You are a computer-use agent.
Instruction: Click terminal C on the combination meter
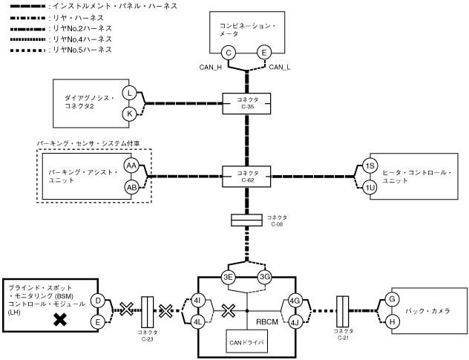(x=229, y=53)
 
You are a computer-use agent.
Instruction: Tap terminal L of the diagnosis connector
(x=130, y=93)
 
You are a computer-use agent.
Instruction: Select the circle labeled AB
(x=131, y=188)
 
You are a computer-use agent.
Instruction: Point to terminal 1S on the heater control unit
(x=370, y=166)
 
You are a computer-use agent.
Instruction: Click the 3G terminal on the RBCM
(x=265, y=277)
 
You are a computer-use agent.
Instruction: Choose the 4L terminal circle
(x=197, y=322)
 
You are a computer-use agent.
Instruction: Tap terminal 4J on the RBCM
(x=295, y=322)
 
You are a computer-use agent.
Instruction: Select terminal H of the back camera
(x=392, y=322)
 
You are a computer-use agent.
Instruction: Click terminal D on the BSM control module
(x=98, y=301)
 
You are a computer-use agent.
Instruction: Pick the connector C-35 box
(x=246, y=103)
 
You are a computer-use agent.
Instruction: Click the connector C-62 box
(x=246, y=177)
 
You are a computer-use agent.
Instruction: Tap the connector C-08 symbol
(x=246, y=220)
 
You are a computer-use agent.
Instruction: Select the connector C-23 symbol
(x=147, y=312)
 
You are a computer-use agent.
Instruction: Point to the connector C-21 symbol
(x=343, y=311)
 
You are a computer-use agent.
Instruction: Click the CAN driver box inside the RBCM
(x=246, y=341)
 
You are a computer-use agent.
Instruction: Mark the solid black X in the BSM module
(x=60, y=319)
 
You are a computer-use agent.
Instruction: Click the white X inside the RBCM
(x=229, y=310)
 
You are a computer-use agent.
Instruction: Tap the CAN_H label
(x=211, y=68)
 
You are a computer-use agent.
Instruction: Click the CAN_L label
(x=280, y=68)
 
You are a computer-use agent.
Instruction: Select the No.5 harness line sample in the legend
(x=27, y=50)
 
